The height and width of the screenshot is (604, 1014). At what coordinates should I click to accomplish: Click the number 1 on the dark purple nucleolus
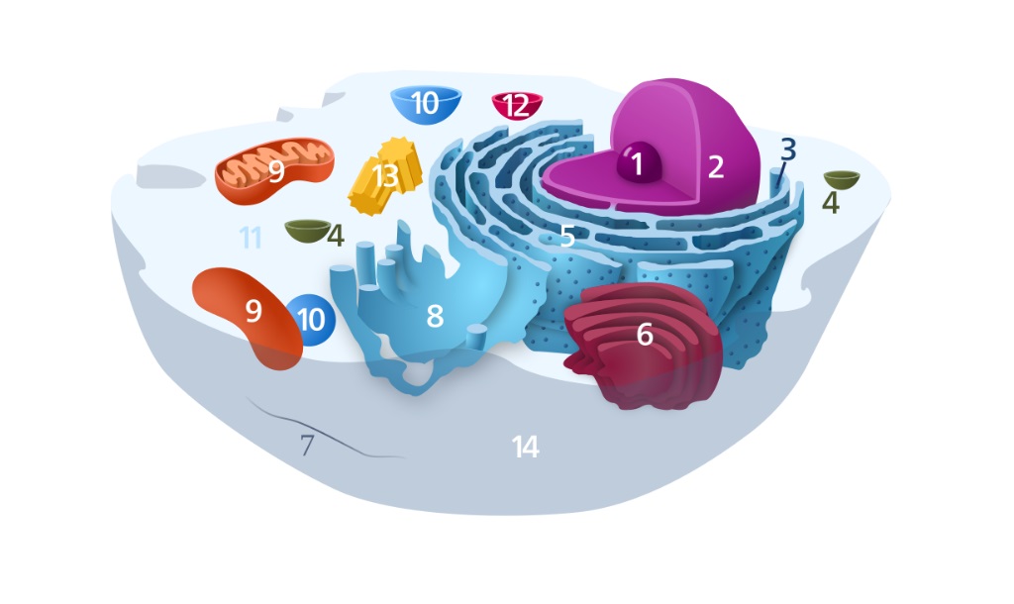click(x=637, y=164)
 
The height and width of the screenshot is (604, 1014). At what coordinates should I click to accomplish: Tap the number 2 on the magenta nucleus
click(x=715, y=167)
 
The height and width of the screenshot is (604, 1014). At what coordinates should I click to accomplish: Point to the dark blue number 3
click(x=787, y=150)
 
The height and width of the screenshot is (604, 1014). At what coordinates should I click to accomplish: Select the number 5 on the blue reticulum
click(x=567, y=237)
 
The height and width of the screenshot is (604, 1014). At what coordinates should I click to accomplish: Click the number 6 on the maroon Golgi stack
click(x=644, y=335)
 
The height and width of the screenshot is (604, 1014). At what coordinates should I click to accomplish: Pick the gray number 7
click(x=307, y=445)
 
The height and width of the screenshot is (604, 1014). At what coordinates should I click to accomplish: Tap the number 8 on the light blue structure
click(x=435, y=316)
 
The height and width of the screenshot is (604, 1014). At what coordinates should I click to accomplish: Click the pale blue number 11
click(x=251, y=238)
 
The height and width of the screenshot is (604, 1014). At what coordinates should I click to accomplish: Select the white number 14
click(x=525, y=447)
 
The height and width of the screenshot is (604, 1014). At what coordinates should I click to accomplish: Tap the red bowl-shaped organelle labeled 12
click(x=517, y=105)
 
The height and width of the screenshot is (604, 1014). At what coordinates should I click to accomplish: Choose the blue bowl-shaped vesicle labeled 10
click(x=426, y=103)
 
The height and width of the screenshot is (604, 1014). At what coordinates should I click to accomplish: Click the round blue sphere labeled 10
click(x=311, y=320)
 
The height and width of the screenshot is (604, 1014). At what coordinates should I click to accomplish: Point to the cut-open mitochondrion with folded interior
click(x=275, y=170)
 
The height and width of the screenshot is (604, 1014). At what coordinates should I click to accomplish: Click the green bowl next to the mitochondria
click(x=308, y=231)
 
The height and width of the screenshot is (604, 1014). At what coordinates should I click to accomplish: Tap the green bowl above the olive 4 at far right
click(x=842, y=180)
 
